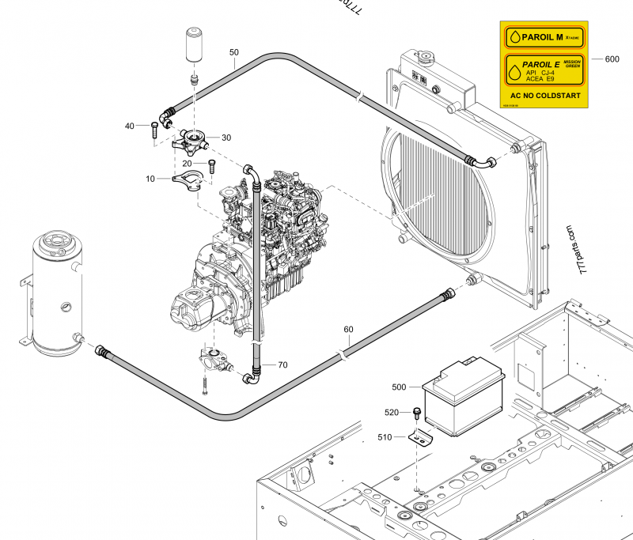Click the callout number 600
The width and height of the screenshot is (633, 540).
point(612,59)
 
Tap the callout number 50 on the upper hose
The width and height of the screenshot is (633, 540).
point(233,52)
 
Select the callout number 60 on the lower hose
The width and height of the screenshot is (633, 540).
point(348,329)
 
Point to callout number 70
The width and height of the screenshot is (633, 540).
point(282,364)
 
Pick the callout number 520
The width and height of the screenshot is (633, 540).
point(392,412)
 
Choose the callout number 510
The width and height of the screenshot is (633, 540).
point(385,436)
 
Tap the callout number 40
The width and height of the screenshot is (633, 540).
point(130,126)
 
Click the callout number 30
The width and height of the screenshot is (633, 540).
point(226,138)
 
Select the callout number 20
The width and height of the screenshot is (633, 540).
point(188,163)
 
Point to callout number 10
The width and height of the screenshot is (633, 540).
point(150,179)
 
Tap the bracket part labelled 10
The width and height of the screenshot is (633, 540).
point(188,179)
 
